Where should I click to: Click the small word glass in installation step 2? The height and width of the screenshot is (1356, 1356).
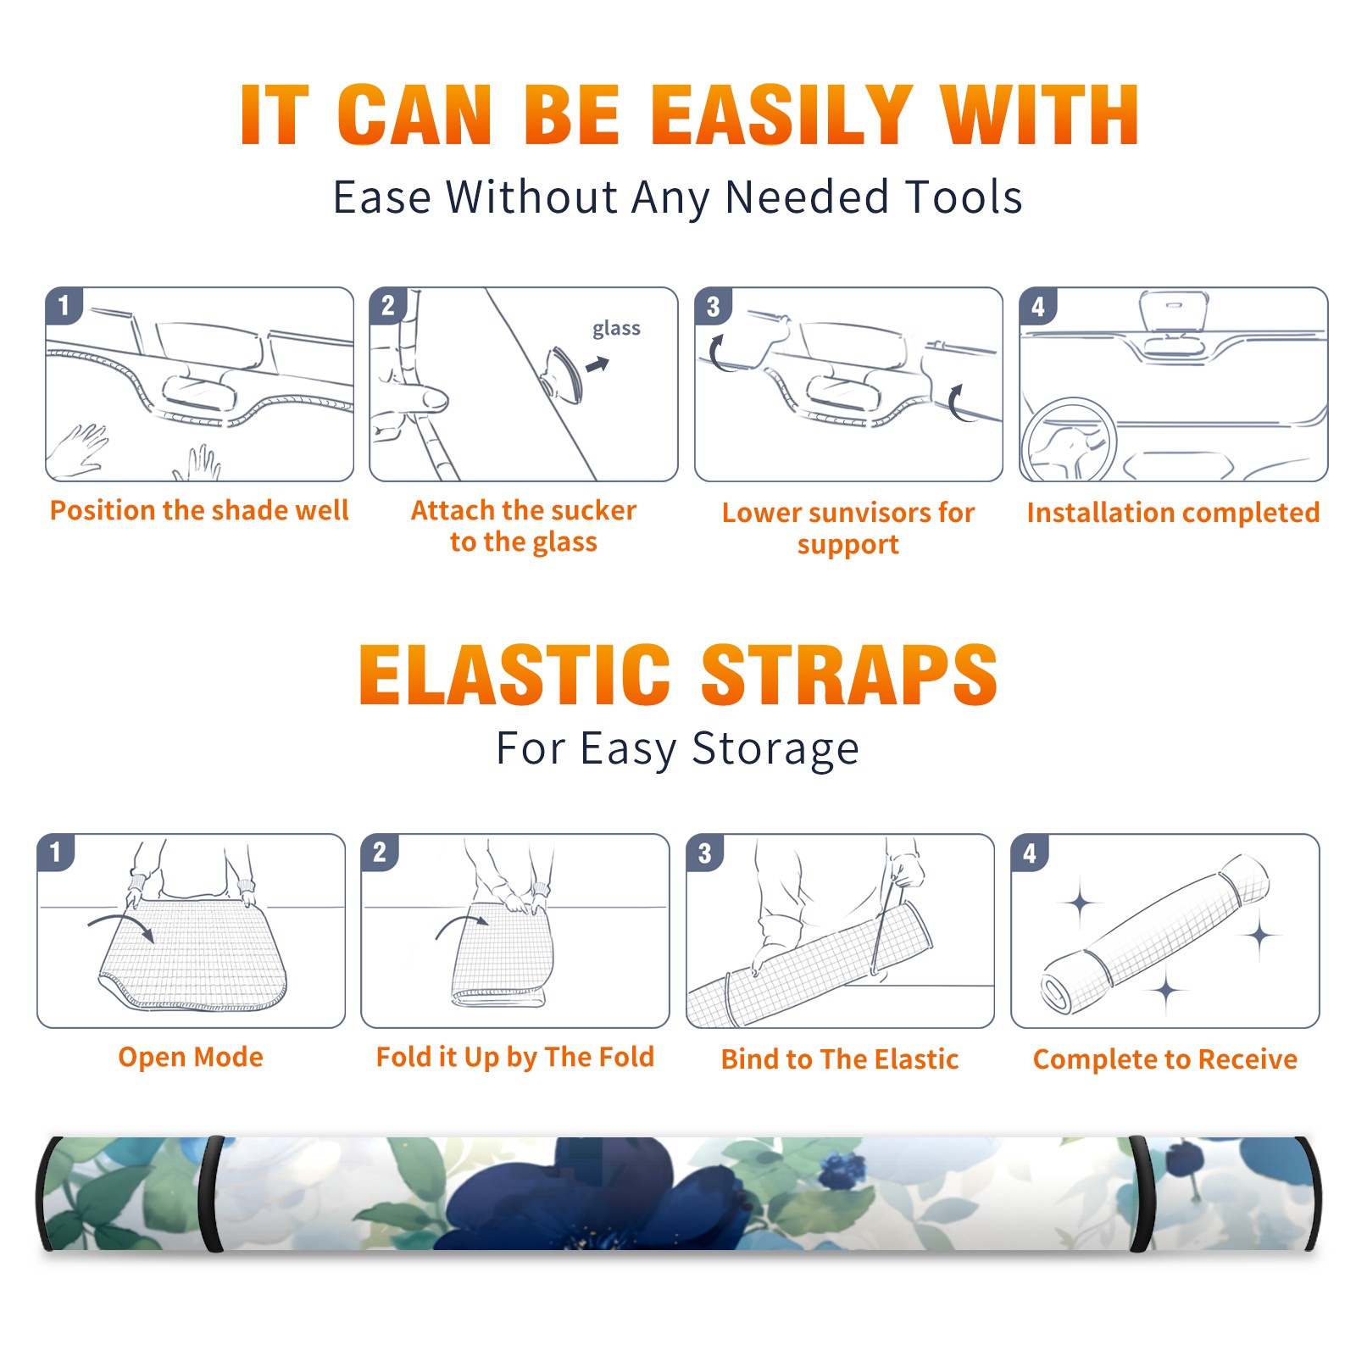616,329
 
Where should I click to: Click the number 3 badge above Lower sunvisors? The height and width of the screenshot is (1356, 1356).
713,306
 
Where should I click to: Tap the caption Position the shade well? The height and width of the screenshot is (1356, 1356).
199,510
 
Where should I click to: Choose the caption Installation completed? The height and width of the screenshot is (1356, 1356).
1173,513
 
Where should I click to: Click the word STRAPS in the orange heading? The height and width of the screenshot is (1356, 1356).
849,675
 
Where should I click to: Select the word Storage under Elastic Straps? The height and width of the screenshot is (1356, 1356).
775,749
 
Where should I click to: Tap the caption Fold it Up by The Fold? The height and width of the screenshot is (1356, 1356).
514,1057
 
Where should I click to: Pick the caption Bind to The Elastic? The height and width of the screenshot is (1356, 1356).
839,1059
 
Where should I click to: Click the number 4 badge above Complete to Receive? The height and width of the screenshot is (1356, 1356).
1030,853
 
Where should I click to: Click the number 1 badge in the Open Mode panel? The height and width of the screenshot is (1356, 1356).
56,853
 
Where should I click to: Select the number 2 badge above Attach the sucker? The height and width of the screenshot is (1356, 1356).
388,306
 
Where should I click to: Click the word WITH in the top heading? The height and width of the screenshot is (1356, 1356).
1039,115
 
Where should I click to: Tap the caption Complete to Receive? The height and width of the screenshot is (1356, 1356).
1164,1059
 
